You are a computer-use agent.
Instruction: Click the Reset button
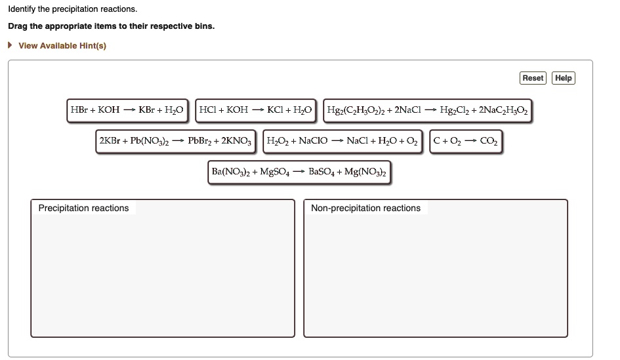point(533,78)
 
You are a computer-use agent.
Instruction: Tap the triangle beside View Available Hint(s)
point(10,45)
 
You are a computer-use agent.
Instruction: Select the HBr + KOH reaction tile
point(128,110)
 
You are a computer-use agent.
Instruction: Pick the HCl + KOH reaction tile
point(257,110)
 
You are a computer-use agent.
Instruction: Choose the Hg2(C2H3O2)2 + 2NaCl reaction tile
point(427,110)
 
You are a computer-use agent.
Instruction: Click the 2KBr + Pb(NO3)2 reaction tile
point(177,141)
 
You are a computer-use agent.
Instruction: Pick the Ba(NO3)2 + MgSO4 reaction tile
point(299,172)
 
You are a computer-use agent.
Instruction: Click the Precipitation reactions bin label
point(83,208)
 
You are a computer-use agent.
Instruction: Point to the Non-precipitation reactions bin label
point(365,208)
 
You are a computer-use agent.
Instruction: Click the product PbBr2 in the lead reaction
point(202,141)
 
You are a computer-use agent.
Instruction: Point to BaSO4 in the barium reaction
point(323,172)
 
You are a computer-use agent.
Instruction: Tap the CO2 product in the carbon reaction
point(489,141)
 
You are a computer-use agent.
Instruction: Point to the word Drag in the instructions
point(18,26)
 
